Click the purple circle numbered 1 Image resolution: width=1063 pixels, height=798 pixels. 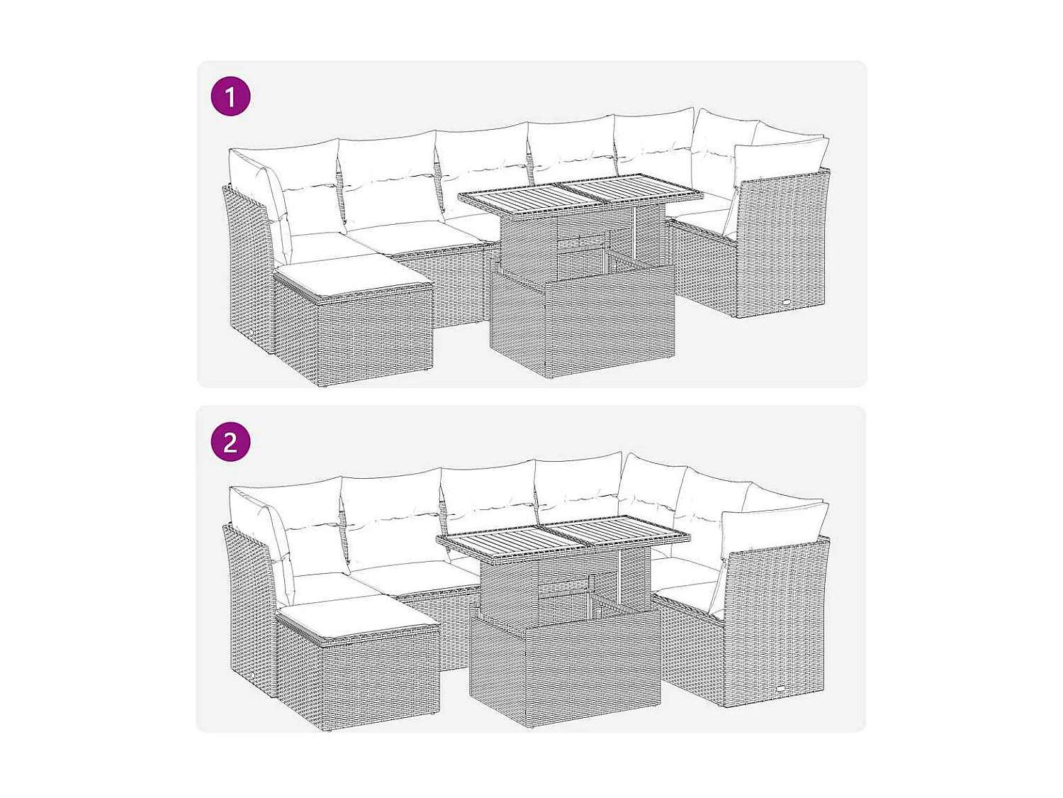[230, 96]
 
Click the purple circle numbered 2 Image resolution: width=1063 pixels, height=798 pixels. [230, 442]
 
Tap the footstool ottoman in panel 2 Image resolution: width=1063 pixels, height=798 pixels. [358, 670]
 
